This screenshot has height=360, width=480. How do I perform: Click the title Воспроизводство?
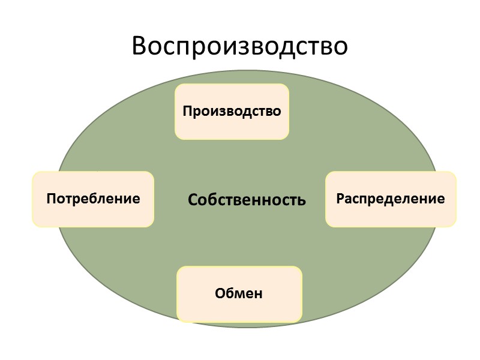240,46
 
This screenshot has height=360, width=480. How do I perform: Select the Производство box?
232,112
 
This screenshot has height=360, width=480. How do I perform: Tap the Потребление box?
93,199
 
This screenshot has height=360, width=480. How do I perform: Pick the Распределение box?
391,199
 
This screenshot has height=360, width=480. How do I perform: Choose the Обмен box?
239,294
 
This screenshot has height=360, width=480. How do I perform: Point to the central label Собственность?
247,200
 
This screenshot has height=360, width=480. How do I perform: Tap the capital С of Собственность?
193,200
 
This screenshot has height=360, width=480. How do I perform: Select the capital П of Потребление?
52,199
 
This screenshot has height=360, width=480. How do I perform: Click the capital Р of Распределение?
340,199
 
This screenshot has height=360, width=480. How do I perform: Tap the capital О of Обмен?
220,294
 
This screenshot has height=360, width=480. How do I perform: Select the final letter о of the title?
340,48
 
